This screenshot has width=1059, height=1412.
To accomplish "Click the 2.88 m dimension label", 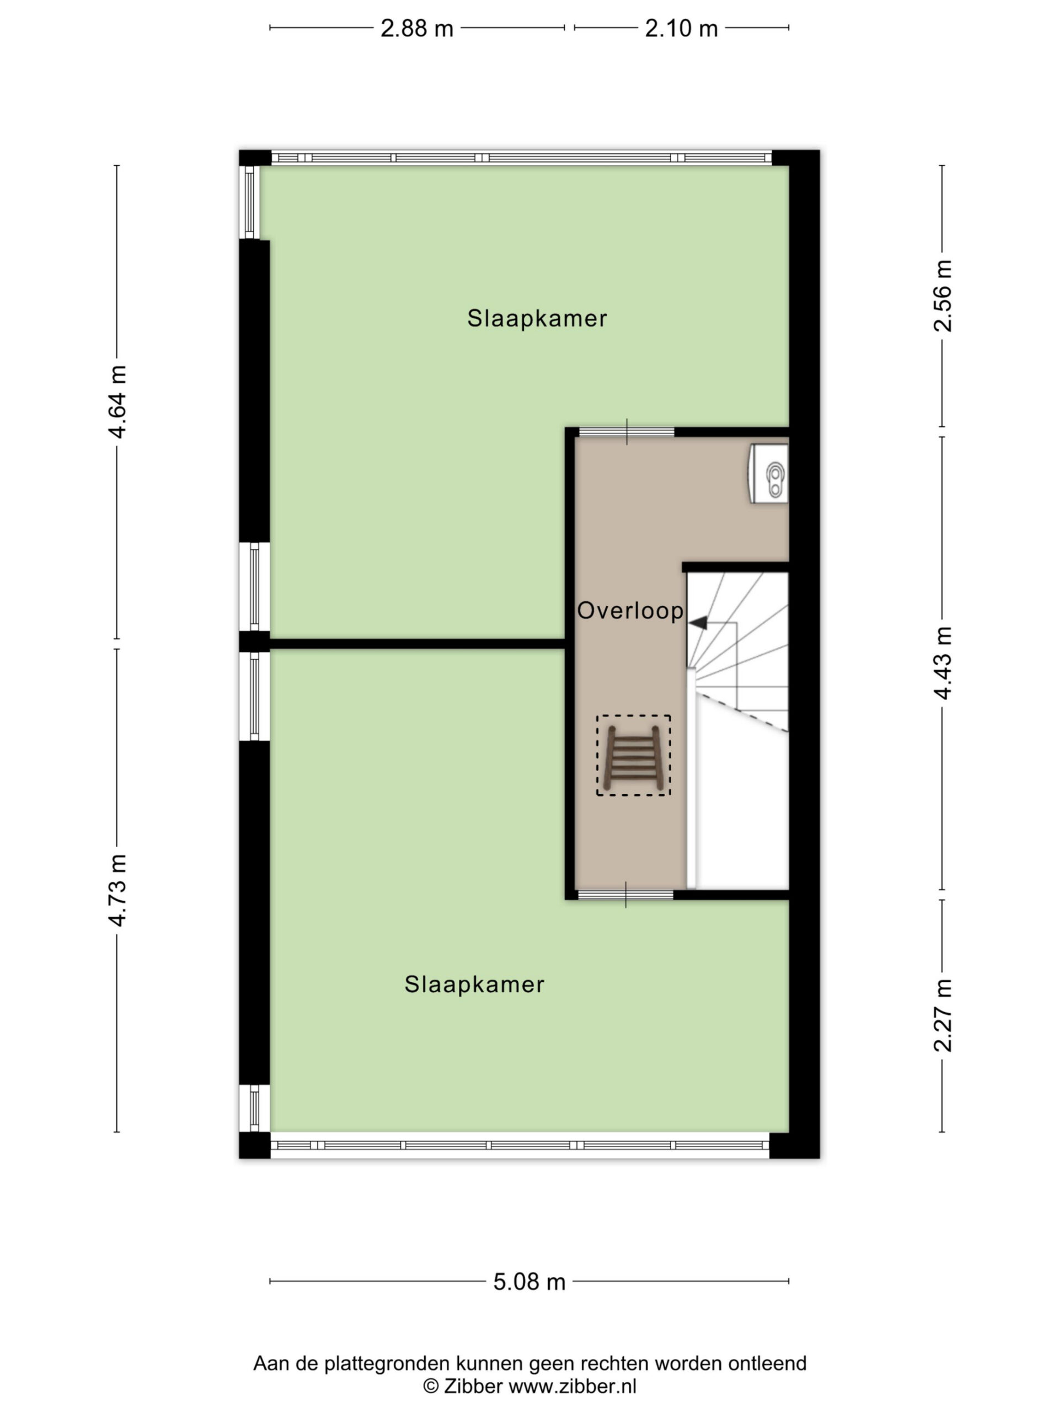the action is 416,29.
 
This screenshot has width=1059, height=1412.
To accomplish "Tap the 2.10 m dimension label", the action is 681,29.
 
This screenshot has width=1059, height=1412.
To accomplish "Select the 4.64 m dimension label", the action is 117,402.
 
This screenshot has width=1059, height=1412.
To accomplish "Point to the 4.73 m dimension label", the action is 117,890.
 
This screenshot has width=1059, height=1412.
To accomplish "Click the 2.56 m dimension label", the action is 942,296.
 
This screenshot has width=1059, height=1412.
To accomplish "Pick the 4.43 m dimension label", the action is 942,663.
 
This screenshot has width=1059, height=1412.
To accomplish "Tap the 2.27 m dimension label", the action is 942,1015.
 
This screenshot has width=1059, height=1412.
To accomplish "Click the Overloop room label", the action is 630,611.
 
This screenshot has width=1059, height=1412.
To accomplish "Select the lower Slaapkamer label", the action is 474,985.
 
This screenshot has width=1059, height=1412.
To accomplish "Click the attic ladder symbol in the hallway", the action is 633,755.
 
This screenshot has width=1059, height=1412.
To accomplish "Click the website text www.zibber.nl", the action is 573,1387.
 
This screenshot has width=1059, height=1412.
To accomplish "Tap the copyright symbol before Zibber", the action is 431,1387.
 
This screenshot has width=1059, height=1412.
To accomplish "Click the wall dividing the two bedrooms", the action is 418,644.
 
